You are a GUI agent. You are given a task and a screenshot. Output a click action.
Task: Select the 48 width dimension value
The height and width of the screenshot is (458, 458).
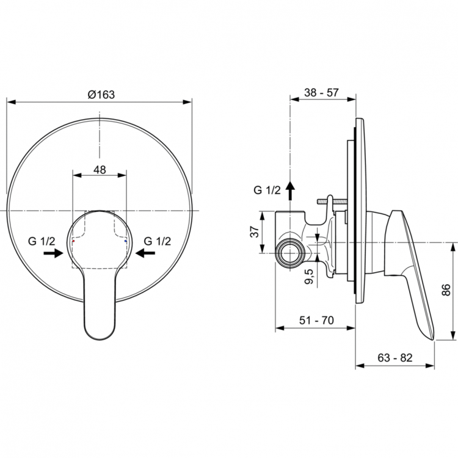point(100,170)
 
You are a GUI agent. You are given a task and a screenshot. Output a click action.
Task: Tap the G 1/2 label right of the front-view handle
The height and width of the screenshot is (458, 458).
point(157,241)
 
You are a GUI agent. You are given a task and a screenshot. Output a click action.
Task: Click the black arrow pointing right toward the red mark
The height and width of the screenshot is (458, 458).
point(53,253)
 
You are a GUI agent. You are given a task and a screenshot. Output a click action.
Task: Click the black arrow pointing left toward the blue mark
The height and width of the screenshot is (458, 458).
point(147,253)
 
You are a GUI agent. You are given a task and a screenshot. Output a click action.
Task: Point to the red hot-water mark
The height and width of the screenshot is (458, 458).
point(73,242)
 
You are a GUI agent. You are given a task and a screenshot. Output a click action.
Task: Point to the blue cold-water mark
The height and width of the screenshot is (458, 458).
point(126,242)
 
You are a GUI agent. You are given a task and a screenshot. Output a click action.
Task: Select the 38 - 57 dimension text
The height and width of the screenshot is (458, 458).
point(322,93)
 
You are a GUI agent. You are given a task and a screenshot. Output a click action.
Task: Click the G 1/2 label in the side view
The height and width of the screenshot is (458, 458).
point(267,190)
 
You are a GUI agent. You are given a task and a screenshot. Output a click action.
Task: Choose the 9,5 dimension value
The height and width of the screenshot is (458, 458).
point(309,277)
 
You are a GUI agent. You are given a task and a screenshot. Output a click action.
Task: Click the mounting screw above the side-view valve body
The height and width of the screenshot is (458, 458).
point(333,200)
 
